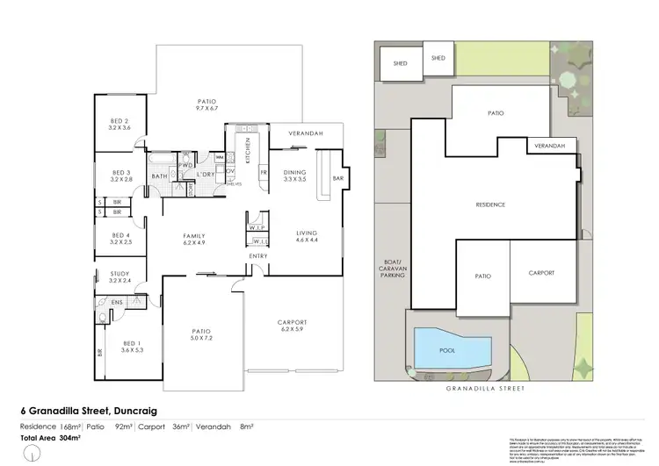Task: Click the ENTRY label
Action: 257,256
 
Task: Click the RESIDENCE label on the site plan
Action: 490,204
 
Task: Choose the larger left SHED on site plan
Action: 398,64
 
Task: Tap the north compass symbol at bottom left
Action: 33,455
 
